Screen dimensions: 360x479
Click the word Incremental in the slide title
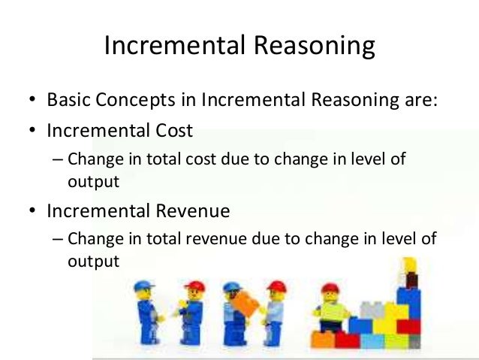coord(169,47)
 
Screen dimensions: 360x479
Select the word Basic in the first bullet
coord(66,100)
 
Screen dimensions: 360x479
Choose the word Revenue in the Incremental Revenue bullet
coord(191,211)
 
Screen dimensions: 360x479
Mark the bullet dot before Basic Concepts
coord(33,101)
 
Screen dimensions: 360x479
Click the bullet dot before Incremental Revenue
coord(33,212)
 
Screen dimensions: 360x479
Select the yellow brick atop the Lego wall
coord(409,264)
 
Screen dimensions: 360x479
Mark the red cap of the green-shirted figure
coord(330,288)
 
